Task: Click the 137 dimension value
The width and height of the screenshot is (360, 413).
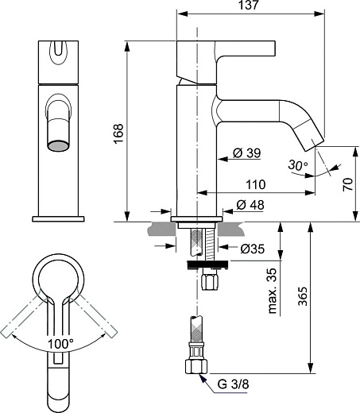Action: click(248, 5)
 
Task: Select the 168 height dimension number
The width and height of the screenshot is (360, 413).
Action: click(118, 133)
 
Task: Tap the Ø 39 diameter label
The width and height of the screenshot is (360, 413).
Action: click(247, 152)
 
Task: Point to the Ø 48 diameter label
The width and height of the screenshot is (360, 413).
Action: click(250, 205)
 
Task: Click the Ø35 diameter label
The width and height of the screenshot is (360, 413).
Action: click(253, 249)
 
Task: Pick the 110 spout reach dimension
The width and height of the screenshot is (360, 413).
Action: click(256, 184)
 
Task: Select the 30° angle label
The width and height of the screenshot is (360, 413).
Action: click(298, 165)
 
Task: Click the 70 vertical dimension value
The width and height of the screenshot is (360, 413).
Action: click(348, 184)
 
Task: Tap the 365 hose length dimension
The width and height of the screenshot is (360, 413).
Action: click(303, 295)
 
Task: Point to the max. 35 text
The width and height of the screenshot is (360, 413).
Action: click(273, 291)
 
